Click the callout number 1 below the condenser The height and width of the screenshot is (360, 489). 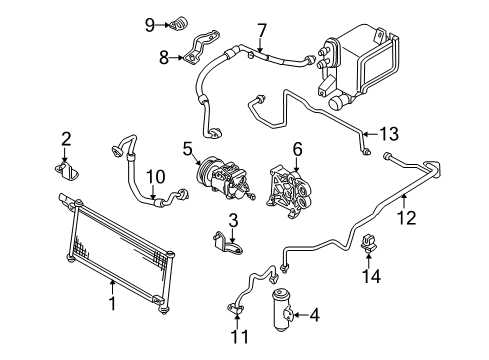coord(113,303)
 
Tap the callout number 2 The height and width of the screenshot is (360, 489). coord(66,139)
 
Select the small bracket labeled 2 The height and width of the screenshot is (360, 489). coord(67,170)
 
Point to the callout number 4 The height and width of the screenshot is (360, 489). coord(314,315)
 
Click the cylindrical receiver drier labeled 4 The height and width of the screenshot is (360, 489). coord(282,311)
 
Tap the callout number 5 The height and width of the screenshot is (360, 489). coord(188,149)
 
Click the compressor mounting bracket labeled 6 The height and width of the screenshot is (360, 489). coord(289,193)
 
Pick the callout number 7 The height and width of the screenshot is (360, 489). coord(262,31)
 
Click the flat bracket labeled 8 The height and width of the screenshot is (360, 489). coord(201,48)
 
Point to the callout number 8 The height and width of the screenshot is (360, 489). coord(164,58)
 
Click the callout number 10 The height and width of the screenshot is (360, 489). coord(156,177)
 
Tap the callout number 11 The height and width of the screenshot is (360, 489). coord(240,337)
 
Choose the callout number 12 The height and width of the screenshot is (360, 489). coord(406,218)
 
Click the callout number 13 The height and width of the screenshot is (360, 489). coord(389,134)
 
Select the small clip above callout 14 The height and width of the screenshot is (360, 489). coord(369,244)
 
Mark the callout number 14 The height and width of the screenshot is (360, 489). coord(371,276)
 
